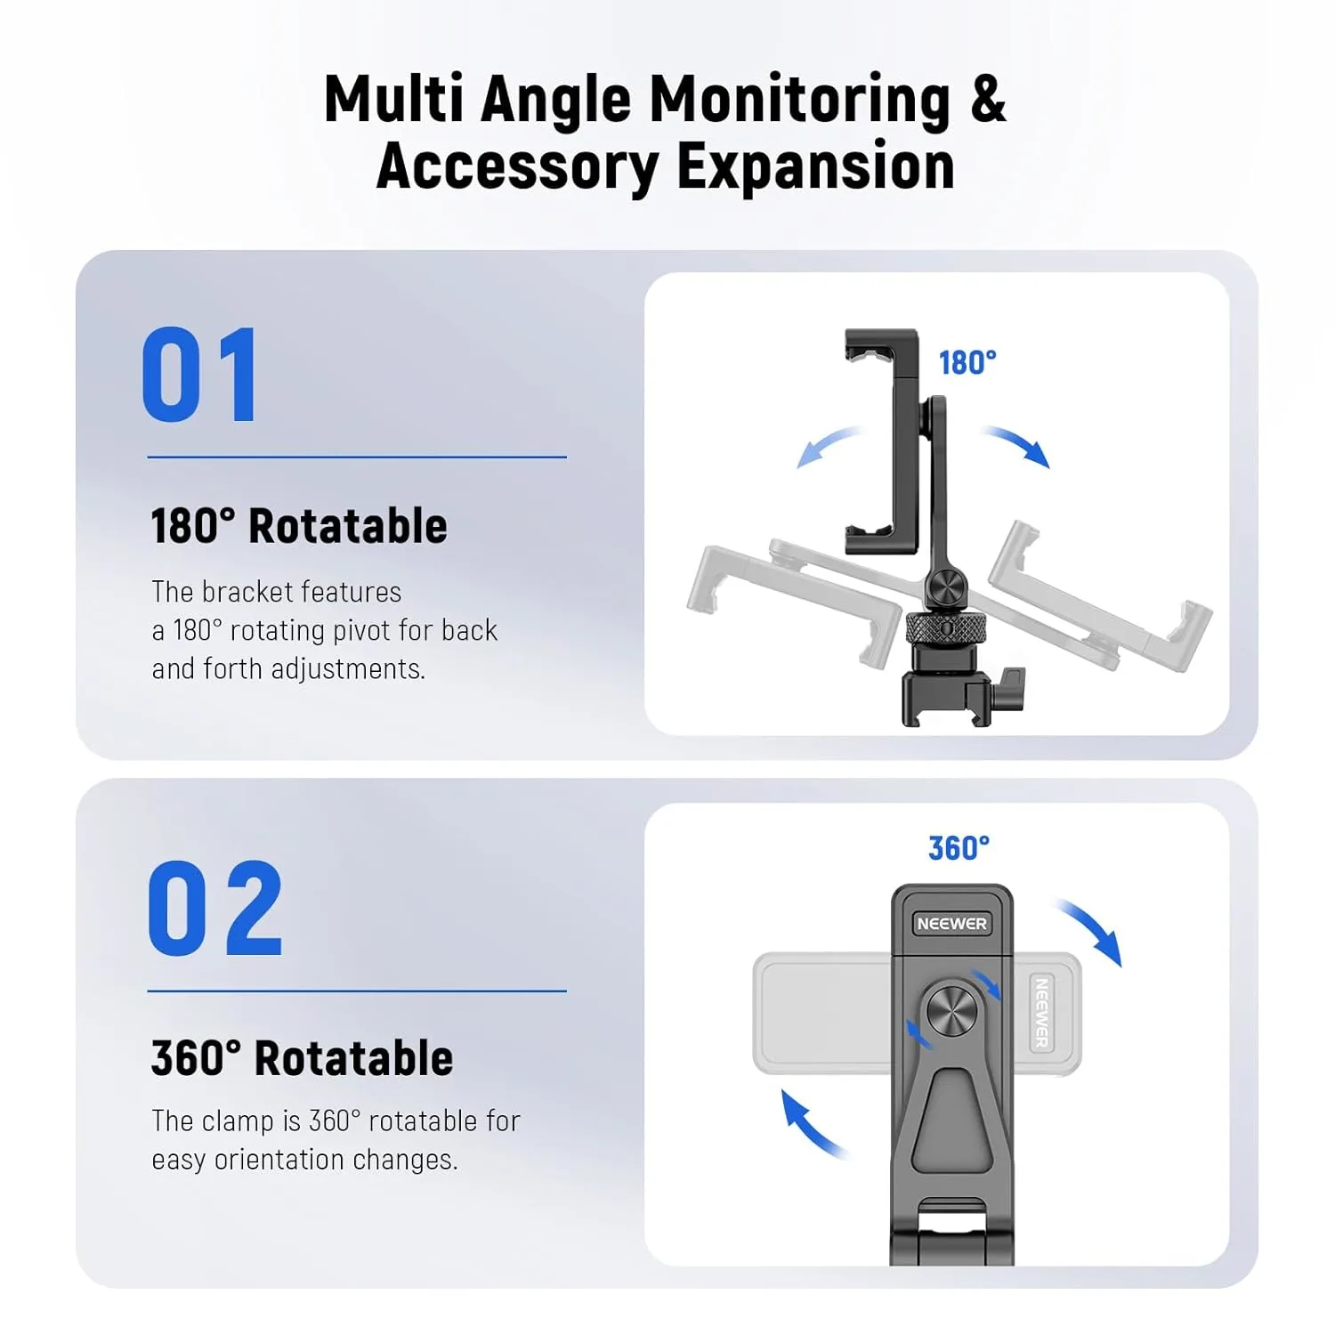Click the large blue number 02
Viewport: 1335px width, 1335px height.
[x=214, y=909]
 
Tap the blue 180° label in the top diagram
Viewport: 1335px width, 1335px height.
[x=967, y=363]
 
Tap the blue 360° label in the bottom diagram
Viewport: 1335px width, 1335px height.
[x=959, y=848]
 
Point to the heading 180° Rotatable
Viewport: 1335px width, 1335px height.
[x=299, y=526]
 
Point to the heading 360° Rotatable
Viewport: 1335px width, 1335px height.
[x=302, y=1058]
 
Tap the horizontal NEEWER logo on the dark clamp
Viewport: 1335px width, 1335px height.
[x=951, y=924]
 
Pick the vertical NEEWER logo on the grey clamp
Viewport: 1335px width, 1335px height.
[x=1040, y=1013]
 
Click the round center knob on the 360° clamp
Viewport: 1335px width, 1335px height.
[x=951, y=1011]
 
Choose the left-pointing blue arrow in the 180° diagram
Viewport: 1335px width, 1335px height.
[x=828, y=446]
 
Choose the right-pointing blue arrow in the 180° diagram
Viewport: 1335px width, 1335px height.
[x=1017, y=444]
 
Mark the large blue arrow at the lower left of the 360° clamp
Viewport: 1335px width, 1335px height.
[x=811, y=1125]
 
